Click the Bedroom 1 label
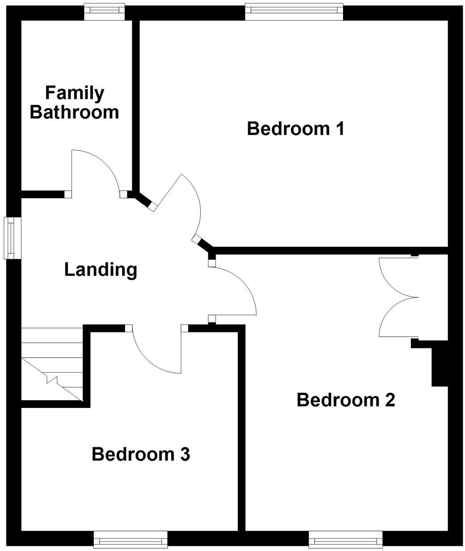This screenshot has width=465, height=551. [x=296, y=129]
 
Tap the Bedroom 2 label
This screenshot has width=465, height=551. [x=346, y=400]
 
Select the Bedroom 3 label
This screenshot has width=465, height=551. [x=141, y=454]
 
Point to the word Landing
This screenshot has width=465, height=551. [x=101, y=270]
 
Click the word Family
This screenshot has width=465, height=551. [x=75, y=93]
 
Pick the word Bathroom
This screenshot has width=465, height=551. [x=75, y=112]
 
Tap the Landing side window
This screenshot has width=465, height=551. [x=12, y=237]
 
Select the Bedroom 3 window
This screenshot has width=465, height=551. [x=131, y=539]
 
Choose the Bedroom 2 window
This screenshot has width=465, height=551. [x=345, y=539]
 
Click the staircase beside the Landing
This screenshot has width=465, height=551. [x=52, y=365]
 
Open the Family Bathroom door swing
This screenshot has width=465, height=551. [x=95, y=172]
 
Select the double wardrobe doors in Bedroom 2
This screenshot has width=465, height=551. [x=397, y=297]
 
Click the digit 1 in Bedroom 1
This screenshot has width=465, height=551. [x=339, y=129]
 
